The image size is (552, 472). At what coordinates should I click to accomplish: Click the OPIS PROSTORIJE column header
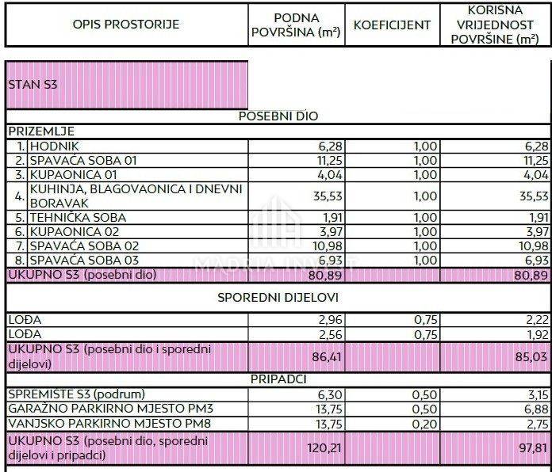click(126, 25)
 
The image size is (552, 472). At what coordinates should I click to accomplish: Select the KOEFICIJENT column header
click(392, 25)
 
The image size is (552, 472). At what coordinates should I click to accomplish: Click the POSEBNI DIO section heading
click(278, 116)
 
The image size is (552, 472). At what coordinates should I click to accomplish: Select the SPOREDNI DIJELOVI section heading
click(278, 298)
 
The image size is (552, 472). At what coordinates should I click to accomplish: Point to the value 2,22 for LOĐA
click(536, 319)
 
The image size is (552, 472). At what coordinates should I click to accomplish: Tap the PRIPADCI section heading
click(278, 379)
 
